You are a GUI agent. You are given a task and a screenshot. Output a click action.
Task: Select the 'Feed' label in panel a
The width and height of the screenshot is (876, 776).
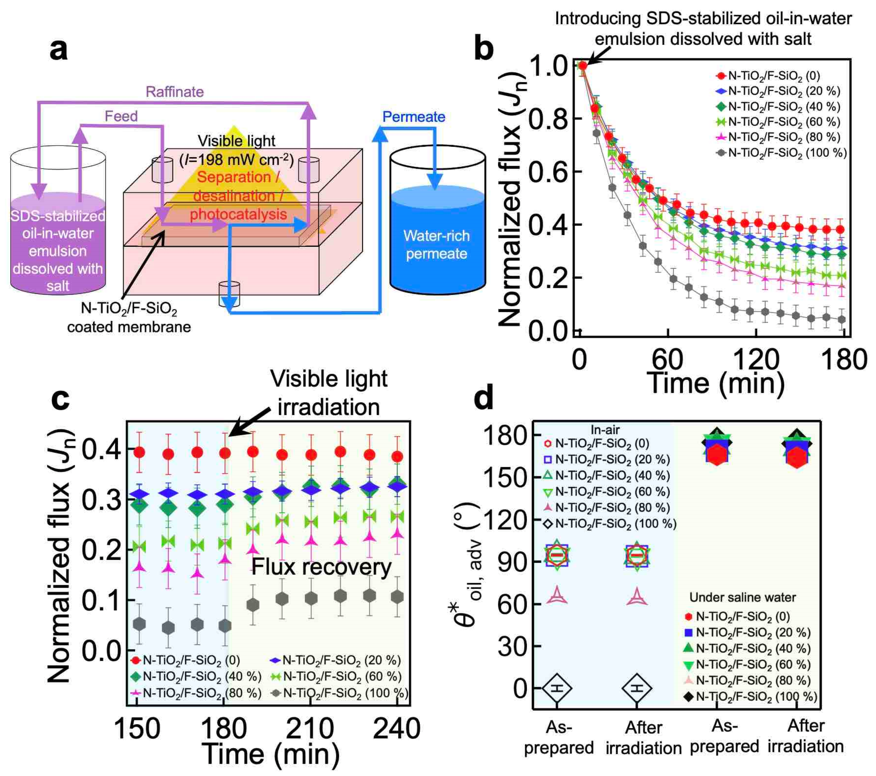(x=121, y=116)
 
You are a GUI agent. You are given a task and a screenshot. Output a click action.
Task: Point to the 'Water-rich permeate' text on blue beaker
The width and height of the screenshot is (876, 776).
(x=436, y=245)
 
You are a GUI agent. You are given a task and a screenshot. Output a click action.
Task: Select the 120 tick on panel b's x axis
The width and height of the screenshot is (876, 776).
(x=756, y=359)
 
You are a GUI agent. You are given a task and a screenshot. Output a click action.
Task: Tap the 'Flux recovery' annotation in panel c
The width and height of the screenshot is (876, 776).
(x=321, y=567)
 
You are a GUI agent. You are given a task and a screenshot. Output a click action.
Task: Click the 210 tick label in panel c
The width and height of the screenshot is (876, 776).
(x=309, y=728)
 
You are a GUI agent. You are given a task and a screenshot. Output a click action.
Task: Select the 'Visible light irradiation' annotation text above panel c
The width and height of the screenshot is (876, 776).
(x=328, y=393)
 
